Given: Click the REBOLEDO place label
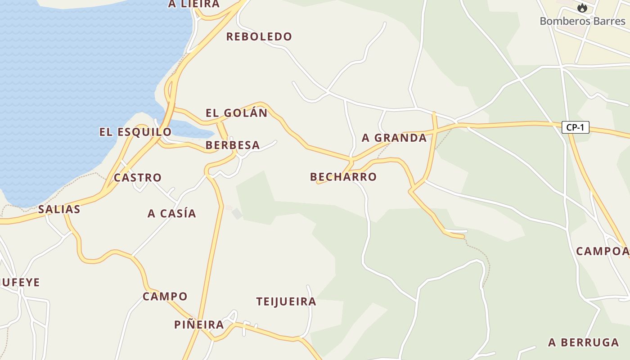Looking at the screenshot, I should [259, 36].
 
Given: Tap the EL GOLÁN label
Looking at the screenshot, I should [236, 113].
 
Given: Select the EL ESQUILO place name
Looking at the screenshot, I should [135, 132].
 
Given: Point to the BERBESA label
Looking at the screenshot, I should [233, 145].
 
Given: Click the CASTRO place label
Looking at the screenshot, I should [137, 177].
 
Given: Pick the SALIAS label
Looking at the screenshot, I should [59, 209].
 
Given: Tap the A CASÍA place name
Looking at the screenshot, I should [172, 213].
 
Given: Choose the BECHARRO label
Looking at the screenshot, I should [343, 177].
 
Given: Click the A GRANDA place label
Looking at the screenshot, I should [394, 138].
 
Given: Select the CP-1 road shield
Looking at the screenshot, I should [575, 127].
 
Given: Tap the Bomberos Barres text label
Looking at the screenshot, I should [582, 21].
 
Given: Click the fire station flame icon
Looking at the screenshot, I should [582, 8].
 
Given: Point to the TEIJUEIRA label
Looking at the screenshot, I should [286, 301].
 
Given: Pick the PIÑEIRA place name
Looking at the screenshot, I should [199, 324].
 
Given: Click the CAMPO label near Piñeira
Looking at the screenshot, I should [165, 297].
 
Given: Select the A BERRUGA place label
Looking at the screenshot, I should [583, 342].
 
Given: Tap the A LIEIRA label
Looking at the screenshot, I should [194, 4].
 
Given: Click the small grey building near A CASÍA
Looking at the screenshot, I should [237, 214].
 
